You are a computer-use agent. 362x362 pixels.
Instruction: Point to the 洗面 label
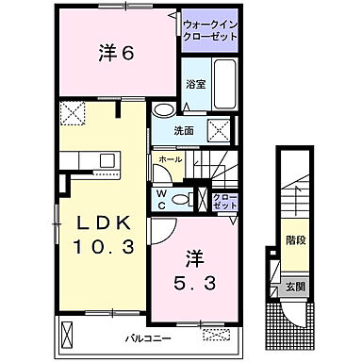click(x=185, y=131)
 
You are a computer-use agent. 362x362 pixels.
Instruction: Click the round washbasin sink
click(x=161, y=109)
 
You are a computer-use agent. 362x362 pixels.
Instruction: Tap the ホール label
click(x=172, y=160)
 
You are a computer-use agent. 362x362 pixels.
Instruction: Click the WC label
click(x=162, y=199)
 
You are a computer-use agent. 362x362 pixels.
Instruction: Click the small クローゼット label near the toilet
click(x=224, y=200)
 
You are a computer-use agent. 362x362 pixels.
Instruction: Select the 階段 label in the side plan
click(x=294, y=240)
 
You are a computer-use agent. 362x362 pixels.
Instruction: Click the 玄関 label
click(x=294, y=285)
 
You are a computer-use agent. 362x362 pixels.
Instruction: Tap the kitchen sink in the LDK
click(x=103, y=161)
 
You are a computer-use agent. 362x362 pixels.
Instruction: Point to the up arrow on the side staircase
click(x=294, y=197)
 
